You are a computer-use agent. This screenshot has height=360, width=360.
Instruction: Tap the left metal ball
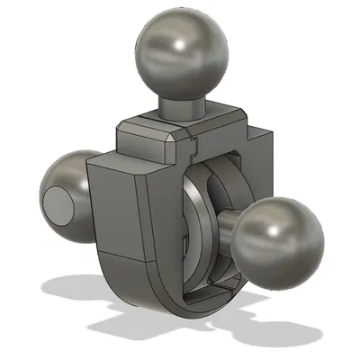pos(68,193)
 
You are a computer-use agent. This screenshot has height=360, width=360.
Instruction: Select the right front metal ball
pos(280,235)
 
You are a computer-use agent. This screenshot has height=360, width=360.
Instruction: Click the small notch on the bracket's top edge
pos(195,140)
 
